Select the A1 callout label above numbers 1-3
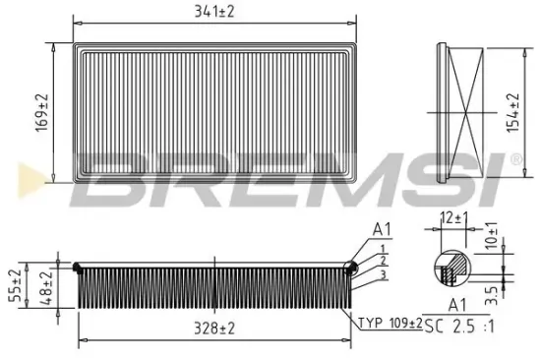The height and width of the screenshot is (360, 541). tap(381, 230)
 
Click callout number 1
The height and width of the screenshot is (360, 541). tap(382, 247)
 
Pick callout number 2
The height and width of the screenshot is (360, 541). tap(382, 260)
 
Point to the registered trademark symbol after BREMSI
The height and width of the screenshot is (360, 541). tap(514, 158)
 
